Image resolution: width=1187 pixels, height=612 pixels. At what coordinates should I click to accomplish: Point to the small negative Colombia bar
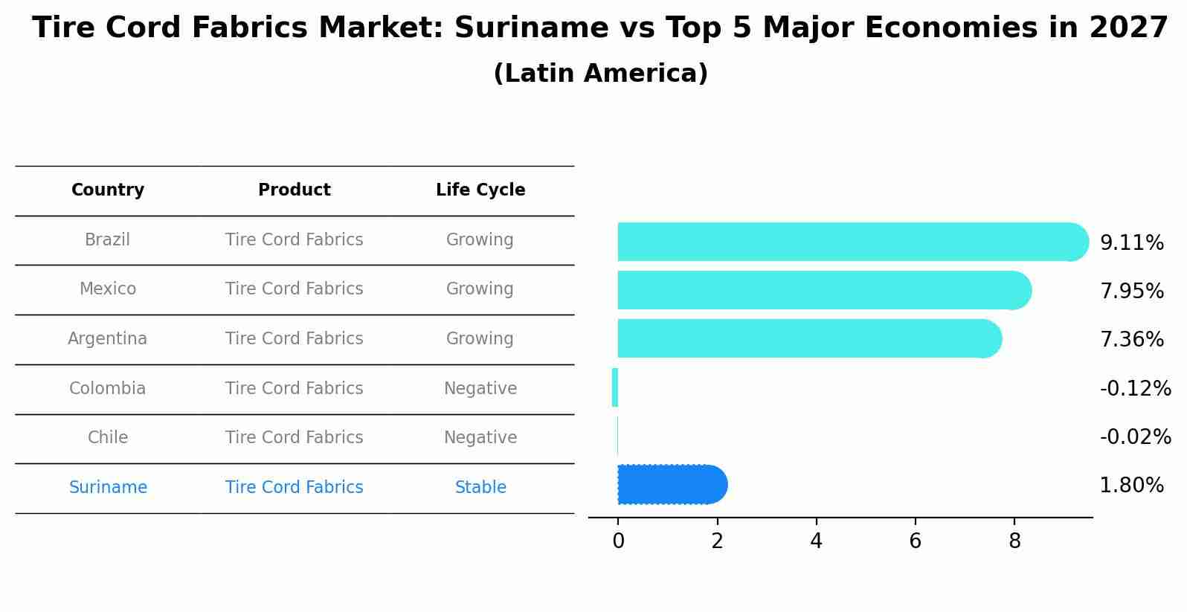pos(614,387)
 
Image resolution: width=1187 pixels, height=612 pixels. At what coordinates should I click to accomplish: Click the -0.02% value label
pos(1135,437)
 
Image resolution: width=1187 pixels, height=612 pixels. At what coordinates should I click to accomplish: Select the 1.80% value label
pos(1131,486)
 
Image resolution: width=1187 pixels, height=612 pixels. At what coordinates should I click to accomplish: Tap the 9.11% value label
pos(1131,243)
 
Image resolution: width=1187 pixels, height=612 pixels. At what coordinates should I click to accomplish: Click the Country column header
pos(108,190)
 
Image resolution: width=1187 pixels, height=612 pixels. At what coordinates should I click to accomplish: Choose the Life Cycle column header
pos(480,190)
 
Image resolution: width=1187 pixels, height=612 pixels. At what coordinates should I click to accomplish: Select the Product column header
pos(295,190)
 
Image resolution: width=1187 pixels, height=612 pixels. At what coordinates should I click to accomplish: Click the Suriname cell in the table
pos(108,488)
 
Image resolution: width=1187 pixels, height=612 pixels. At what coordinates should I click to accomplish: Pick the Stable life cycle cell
pos(480,488)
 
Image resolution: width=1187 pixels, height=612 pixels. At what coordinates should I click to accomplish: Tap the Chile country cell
pos(108,438)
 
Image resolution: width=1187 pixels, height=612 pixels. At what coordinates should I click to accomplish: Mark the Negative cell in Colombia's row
pos(480,389)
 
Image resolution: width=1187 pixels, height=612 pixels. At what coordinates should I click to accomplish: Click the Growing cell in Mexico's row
pos(480,289)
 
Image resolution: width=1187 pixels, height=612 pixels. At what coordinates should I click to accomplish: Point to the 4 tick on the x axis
pos(816,541)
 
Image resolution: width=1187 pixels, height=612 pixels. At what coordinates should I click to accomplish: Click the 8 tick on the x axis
pos(1014,541)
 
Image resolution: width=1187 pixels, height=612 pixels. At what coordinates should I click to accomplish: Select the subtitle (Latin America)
pos(600,74)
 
